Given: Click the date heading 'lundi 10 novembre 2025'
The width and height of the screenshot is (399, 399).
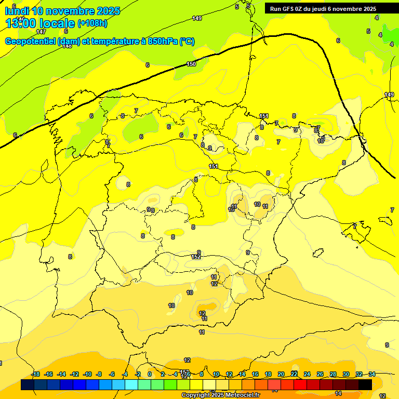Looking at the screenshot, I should [x=62, y=11].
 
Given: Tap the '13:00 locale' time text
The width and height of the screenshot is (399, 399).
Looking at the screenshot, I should [x=39, y=23].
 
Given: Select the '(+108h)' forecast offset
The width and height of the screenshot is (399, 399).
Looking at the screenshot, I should [x=92, y=23].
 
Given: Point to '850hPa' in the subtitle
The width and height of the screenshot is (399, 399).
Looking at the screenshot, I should [x=163, y=42].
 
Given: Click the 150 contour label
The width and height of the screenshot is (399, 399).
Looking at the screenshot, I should [x=191, y=64].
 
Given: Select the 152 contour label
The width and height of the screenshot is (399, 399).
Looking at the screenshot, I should [x=196, y=257].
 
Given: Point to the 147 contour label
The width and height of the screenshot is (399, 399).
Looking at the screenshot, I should [x=41, y=32].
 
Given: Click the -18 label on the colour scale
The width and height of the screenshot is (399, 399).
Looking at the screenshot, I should [x=35, y=374].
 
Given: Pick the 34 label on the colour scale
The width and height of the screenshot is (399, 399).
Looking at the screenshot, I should [x=372, y=374].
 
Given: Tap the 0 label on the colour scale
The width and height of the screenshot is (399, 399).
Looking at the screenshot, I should [x=150, y=374].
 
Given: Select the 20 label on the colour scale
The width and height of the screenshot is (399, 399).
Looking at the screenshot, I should [x=281, y=374].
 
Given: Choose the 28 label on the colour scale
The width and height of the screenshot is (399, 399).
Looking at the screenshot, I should [x=333, y=374].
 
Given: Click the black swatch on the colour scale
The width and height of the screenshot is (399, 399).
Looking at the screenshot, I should [x=365, y=385].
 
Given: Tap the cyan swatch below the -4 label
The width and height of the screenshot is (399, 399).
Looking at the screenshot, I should [x=131, y=385].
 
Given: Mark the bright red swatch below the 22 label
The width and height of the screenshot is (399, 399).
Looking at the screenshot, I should [x=300, y=385].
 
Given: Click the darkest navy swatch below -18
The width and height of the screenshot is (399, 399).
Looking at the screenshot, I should [x=28, y=385].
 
